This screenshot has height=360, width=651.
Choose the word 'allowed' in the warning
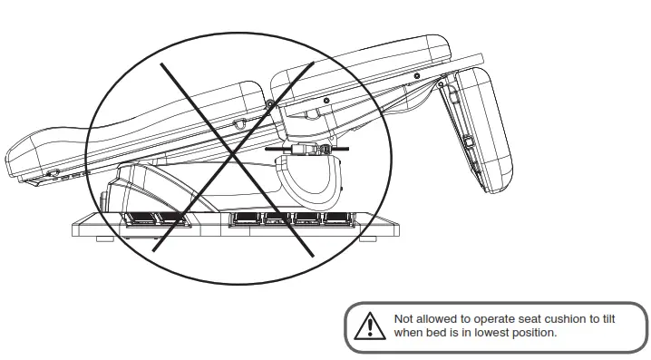click(435, 319)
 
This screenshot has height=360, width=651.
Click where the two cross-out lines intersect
click(234, 155)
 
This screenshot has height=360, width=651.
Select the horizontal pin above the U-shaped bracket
click(308, 145)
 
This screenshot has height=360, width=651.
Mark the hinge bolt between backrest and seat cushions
click(270, 106)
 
